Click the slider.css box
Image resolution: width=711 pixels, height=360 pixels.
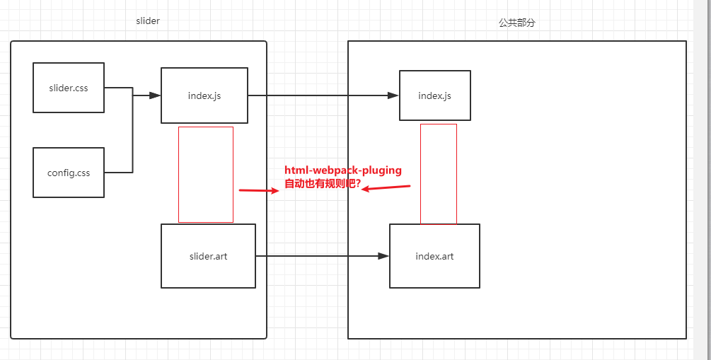pos(69,88)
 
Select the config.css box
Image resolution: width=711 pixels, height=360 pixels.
pos(69,173)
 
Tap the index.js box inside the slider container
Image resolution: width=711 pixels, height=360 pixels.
pos(204,95)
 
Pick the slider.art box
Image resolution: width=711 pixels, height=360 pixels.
pos(208,256)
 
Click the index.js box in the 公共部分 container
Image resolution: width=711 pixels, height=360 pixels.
pos(434,95)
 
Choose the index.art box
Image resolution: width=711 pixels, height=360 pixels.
pos(434,256)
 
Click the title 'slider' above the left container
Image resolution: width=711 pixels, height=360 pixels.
pos(148,21)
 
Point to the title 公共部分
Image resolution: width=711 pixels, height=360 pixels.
pos(517,23)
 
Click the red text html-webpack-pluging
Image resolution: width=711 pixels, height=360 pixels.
pos(343,170)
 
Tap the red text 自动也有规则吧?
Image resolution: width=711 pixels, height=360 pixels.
pos(322,184)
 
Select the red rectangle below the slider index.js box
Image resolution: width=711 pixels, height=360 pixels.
pos(206,175)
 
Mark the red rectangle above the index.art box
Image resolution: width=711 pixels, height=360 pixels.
pos(439,174)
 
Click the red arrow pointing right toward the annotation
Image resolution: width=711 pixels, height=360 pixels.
pos(259,190)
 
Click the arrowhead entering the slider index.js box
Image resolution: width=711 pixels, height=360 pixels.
pos(156,95)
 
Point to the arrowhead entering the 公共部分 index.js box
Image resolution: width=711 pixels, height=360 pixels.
pos(394,95)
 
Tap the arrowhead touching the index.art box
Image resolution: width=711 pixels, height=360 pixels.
pos(384,256)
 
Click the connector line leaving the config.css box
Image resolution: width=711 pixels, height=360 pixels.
pos(118,172)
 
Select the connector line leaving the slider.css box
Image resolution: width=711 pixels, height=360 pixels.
pos(118,88)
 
